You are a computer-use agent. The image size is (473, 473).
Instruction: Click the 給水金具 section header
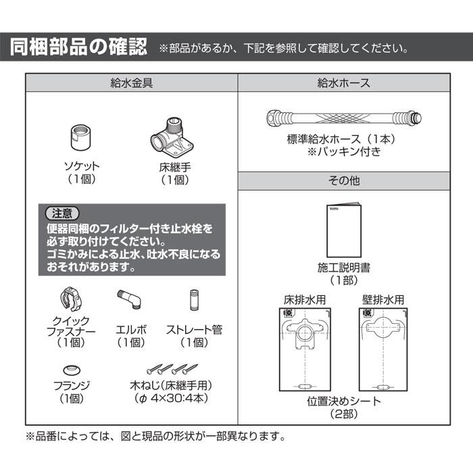point(131,84)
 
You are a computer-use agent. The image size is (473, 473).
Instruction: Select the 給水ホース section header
point(343,84)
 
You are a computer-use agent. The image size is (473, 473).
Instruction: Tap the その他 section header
point(343,181)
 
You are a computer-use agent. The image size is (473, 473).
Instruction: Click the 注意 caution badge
point(62,213)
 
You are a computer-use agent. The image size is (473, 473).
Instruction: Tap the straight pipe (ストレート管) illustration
point(194,299)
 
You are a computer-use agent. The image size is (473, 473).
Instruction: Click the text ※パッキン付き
point(343,152)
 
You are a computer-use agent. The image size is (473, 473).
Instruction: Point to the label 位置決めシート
point(343,401)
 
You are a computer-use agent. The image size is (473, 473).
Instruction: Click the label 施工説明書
point(343,267)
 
